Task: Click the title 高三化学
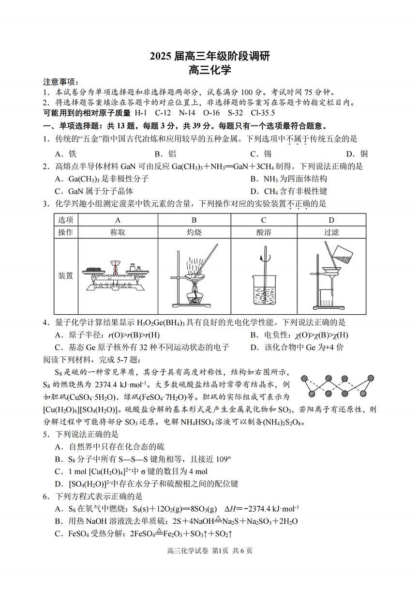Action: pyautogui.click(x=210, y=71)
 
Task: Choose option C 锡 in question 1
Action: pyautogui.click(x=260, y=154)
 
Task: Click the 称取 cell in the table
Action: pyautogui.click(x=118, y=232)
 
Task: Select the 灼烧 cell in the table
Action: pyautogui.click(x=194, y=232)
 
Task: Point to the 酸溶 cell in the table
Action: pyautogui.click(x=264, y=232)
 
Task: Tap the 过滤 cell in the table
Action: pyautogui.click(x=331, y=232)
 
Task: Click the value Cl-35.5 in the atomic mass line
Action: pyautogui.click(x=263, y=113)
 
